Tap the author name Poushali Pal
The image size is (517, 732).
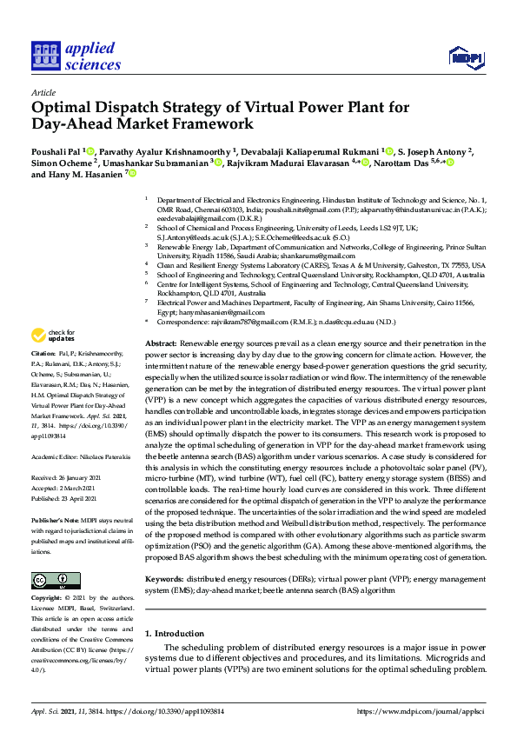(58, 151)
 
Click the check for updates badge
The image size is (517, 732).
(53, 335)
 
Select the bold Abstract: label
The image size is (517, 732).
(161, 344)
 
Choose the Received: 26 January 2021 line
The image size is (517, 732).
(66, 478)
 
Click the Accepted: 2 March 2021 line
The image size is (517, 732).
(63, 487)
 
